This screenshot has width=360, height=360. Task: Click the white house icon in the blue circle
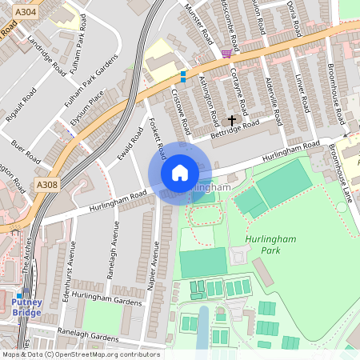point(180,173)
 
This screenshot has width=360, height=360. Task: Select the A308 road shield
point(46,185)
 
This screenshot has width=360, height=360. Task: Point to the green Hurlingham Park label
point(263,244)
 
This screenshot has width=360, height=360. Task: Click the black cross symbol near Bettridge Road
point(233,120)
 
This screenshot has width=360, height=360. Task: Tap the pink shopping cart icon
point(228,53)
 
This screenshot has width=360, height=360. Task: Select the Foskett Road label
point(158,138)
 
